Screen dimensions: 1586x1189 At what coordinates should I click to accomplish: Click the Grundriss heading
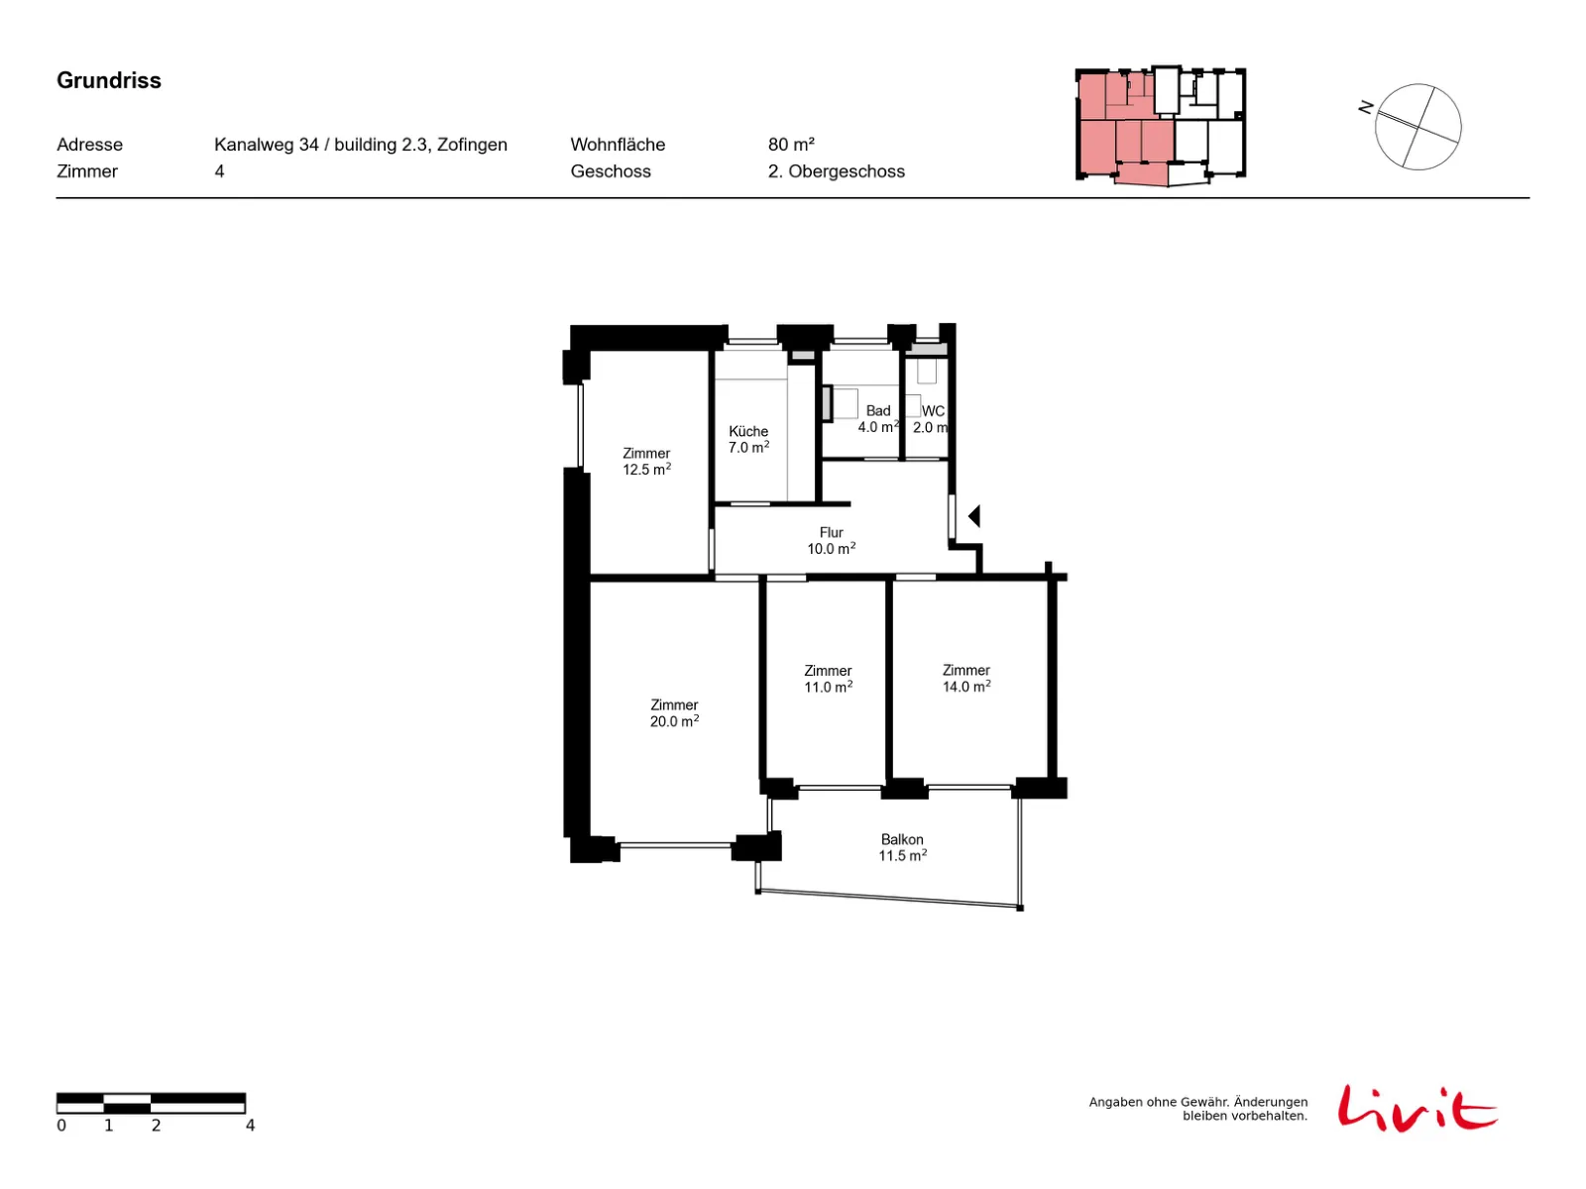click(108, 80)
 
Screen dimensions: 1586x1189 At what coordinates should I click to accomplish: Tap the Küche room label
click(747, 431)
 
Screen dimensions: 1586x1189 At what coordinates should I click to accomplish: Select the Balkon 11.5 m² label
click(902, 847)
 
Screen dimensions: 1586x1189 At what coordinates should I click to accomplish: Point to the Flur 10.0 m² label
click(831, 540)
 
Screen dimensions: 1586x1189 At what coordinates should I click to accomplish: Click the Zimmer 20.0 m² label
click(673, 712)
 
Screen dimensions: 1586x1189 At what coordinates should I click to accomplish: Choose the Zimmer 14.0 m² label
click(965, 678)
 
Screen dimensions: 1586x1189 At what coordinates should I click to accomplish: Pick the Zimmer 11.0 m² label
click(828, 679)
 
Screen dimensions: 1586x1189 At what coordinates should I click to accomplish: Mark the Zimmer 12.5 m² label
click(646, 462)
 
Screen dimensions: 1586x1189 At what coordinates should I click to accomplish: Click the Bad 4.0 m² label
click(878, 419)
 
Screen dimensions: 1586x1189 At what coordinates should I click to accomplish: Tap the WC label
click(933, 411)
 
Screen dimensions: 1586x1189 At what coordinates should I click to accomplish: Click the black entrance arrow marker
click(973, 516)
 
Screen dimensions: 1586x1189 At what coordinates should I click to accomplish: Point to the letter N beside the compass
click(1365, 107)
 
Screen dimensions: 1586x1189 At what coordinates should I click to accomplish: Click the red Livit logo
click(1416, 1109)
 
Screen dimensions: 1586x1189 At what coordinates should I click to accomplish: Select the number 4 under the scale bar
click(250, 1126)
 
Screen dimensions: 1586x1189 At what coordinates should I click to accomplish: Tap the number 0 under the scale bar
click(61, 1126)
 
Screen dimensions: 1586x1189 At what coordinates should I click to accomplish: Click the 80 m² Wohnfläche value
click(791, 145)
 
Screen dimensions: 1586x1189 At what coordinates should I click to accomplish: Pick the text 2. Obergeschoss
click(836, 171)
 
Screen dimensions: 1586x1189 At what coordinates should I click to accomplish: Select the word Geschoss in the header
click(611, 171)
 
